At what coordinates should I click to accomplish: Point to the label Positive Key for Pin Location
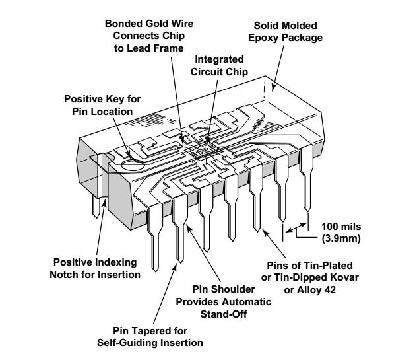102,105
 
